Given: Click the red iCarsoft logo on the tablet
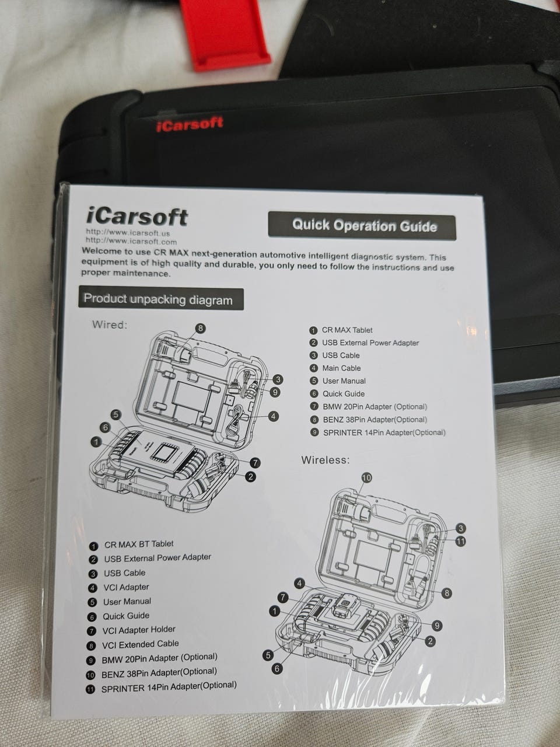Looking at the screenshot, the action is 190,124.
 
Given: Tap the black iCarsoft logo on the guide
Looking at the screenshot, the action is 136,217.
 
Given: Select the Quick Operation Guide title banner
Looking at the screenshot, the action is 362,226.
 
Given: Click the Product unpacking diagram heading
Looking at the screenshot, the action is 161,299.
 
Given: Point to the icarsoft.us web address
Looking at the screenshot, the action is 128,233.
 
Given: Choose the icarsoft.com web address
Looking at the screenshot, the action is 131,242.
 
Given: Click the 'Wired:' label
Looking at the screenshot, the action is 110,324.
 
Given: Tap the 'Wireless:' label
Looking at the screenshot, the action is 325,460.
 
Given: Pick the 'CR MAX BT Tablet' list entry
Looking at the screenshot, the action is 131,544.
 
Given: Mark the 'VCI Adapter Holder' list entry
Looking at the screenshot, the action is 131,630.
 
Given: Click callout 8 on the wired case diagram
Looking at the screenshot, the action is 200,328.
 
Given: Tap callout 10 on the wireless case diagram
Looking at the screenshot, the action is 366,478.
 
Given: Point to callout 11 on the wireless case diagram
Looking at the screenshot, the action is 460,541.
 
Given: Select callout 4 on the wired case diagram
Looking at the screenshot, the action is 274,416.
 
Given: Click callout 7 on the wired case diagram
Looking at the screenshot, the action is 255,463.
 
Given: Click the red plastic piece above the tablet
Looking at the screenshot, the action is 225,34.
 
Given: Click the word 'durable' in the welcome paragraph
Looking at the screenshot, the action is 239,265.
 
